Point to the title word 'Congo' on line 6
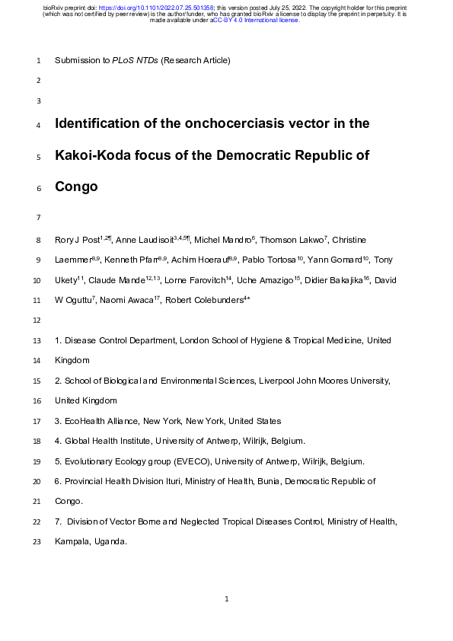(x=76, y=187)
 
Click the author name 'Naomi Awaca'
(x=126, y=301)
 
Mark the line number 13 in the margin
(x=38, y=341)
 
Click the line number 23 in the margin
(x=38, y=542)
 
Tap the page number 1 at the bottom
(x=227, y=600)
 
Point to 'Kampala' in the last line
(x=71, y=542)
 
